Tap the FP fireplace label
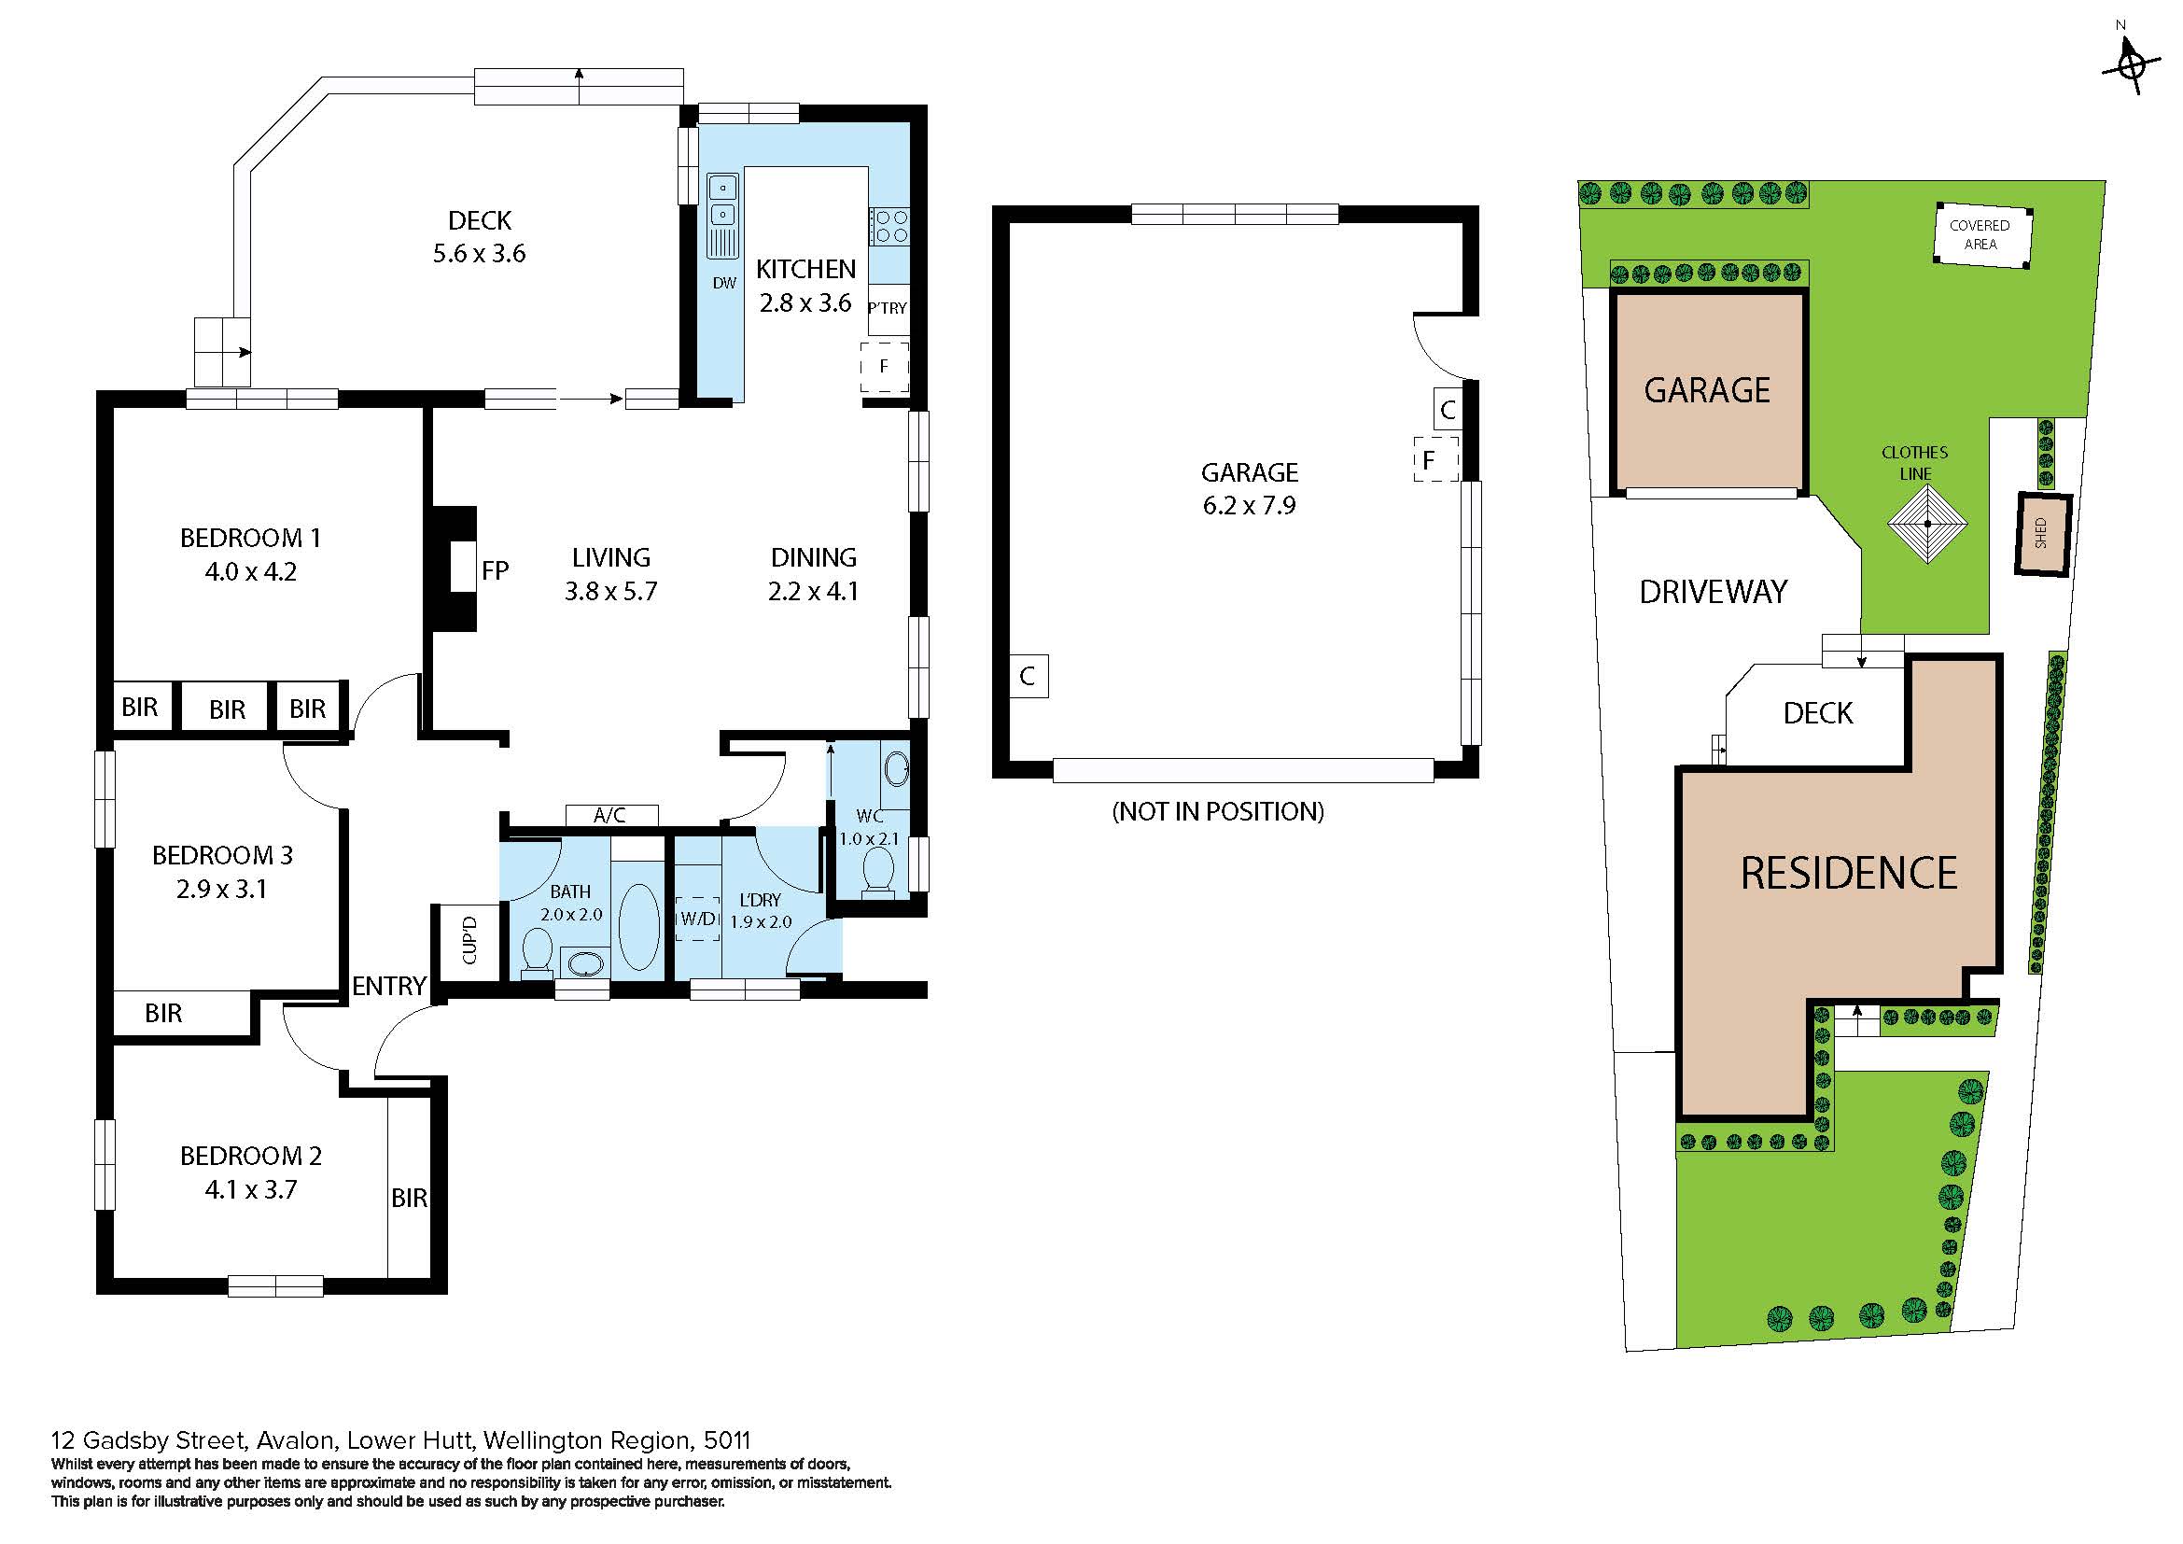496,570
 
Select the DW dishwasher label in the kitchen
724,282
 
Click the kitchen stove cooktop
889,227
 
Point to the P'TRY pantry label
887,308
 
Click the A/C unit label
610,815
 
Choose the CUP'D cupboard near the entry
469,940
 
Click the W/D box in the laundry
697,919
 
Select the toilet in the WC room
876,871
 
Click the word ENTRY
389,987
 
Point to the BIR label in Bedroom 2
410,1198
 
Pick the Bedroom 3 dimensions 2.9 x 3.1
221,890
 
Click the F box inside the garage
1435,459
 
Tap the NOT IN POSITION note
1218,811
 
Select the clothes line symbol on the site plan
1927,524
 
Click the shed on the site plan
2042,534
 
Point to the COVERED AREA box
1982,235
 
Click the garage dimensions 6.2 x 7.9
1250,506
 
